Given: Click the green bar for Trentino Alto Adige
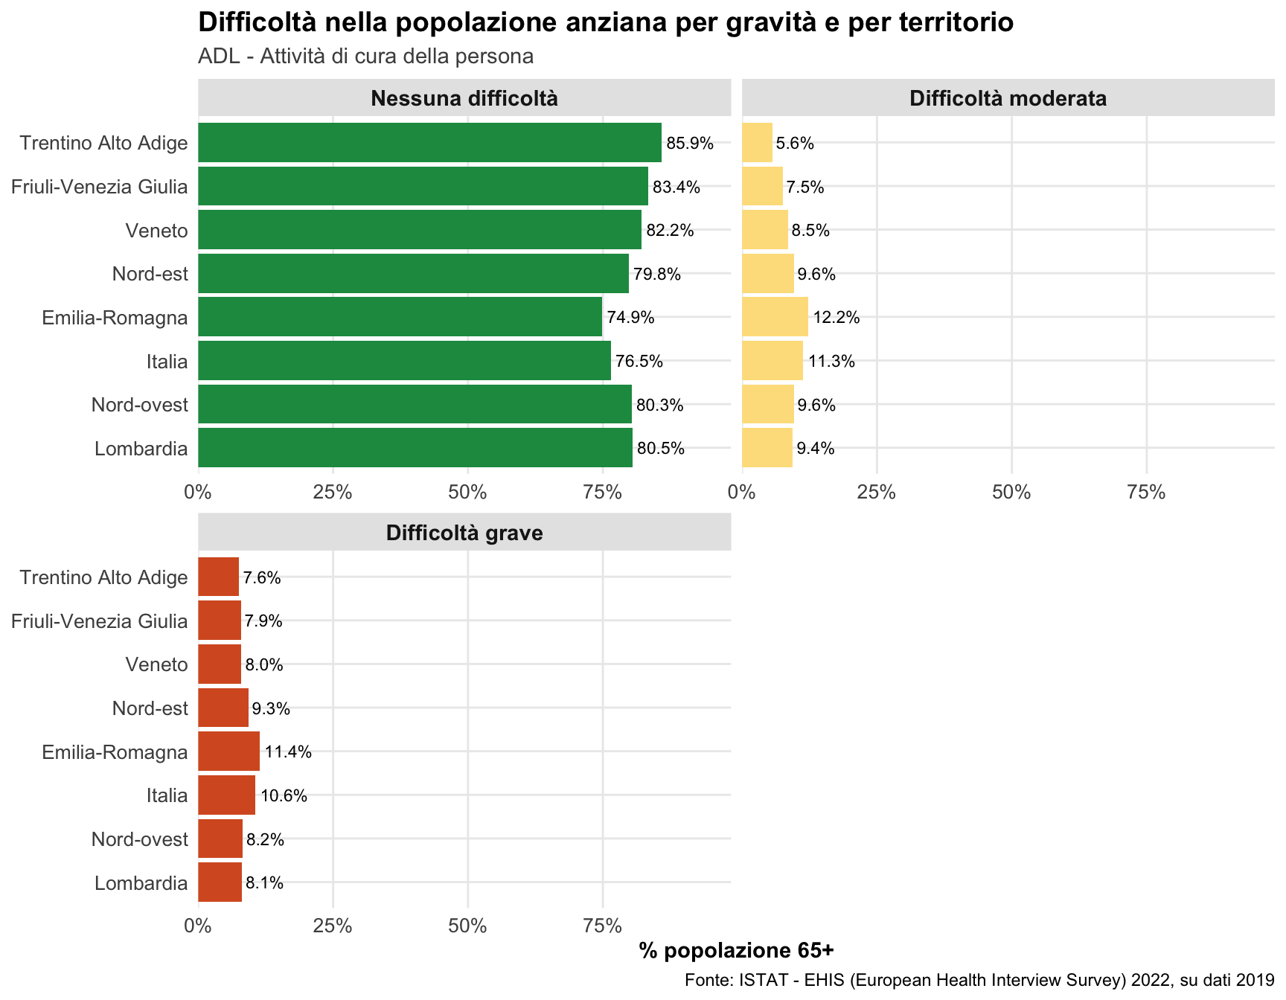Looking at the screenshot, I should [429, 142].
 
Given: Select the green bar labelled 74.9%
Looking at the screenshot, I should [400, 317].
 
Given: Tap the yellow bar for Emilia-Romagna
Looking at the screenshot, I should [775, 317].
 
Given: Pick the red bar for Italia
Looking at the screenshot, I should [226, 795].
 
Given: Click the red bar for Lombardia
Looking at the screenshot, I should [220, 882].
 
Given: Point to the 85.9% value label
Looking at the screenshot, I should [690, 144].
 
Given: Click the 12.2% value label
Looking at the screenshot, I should [836, 318].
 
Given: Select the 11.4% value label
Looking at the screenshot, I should [288, 752].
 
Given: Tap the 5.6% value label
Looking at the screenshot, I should [795, 144].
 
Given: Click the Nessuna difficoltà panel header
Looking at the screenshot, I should [464, 98].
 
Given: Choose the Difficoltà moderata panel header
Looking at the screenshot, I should [1008, 98].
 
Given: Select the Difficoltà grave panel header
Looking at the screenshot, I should [464, 533].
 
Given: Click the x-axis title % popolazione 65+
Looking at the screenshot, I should [736, 950].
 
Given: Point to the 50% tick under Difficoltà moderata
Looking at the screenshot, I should [1011, 492].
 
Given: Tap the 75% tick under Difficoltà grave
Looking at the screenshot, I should [603, 926].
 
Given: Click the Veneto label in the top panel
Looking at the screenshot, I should [156, 231].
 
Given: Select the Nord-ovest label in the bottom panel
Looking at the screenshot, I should [140, 840].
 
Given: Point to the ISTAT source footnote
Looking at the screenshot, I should [979, 980].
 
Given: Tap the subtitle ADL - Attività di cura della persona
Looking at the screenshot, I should [365, 57].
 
